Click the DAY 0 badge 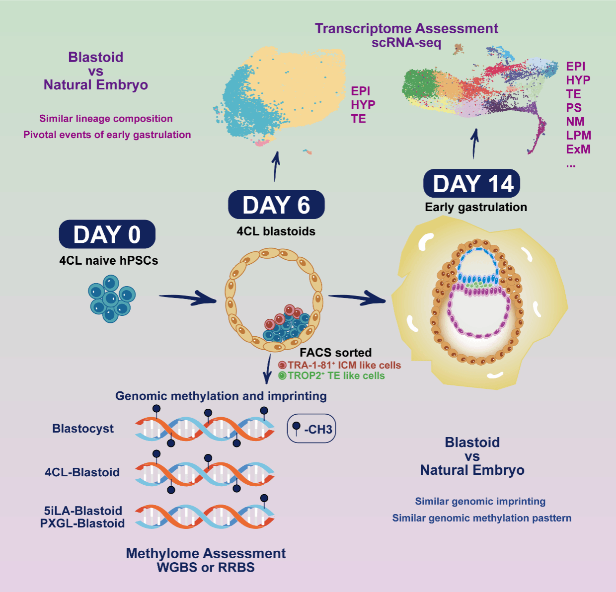point(107,234)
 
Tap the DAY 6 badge point(276,205)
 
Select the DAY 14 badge point(471,184)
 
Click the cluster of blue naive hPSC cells point(111,298)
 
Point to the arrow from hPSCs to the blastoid point(187,298)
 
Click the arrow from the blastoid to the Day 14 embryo point(357,298)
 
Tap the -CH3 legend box point(311,428)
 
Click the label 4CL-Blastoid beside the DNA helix point(82,472)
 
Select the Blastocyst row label point(83,429)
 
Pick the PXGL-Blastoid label point(82,523)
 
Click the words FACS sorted point(335,353)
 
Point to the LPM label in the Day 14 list point(578,136)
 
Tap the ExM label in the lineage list point(578,149)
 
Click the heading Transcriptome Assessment point(406,29)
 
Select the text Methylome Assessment point(206,554)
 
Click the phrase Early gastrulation point(476,207)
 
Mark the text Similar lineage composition point(106,119)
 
